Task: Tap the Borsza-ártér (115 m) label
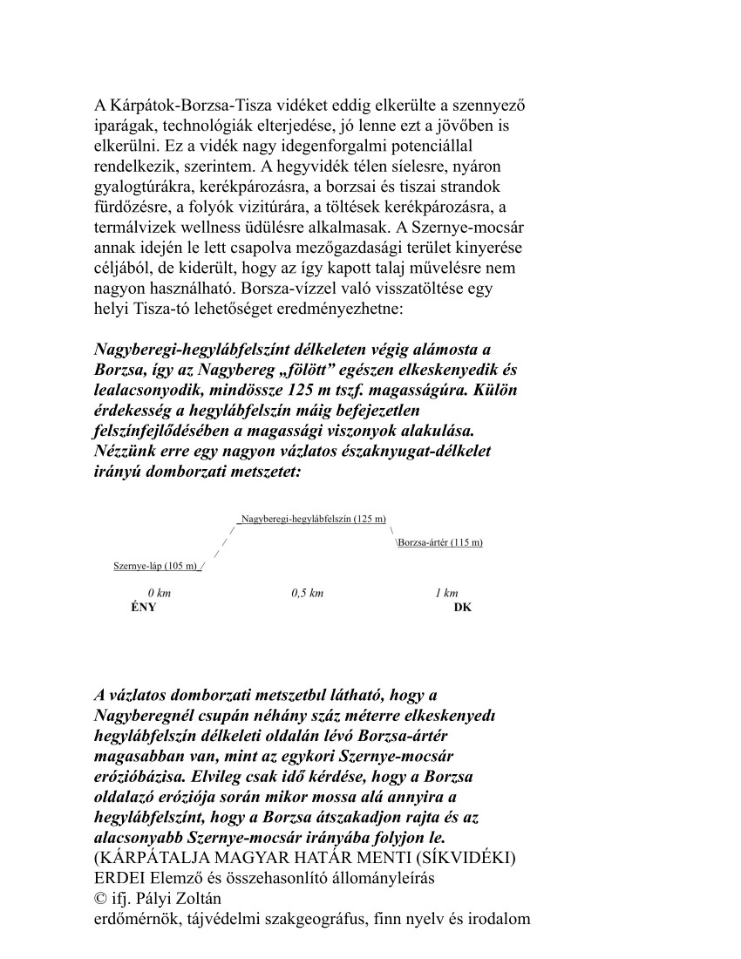[x=440, y=542]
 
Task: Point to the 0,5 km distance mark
[x=307, y=593]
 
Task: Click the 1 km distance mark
[x=446, y=593]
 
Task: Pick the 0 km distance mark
[x=159, y=593]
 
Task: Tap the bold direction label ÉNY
[x=143, y=608]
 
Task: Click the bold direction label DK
[x=463, y=608]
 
